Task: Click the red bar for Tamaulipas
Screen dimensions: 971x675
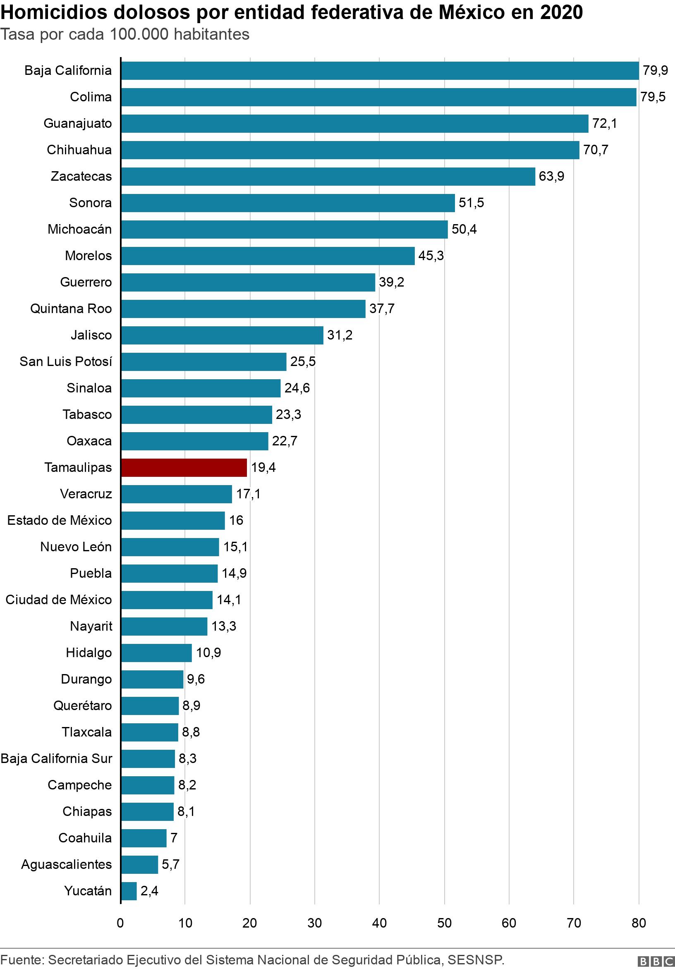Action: (x=184, y=467)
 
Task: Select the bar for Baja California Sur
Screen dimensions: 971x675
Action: (x=148, y=758)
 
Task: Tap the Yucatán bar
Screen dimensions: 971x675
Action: (x=129, y=891)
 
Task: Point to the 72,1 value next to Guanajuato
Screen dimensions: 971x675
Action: (x=604, y=124)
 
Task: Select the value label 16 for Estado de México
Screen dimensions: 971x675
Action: (x=236, y=520)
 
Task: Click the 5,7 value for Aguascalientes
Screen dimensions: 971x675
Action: (x=170, y=864)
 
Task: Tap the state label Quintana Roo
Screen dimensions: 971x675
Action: (x=71, y=309)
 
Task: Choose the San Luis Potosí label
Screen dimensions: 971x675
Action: (x=66, y=361)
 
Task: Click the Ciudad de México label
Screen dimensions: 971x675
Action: (x=59, y=600)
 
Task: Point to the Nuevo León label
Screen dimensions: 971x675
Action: (x=76, y=547)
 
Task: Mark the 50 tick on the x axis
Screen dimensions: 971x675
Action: (x=444, y=923)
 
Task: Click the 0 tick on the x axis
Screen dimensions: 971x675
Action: (x=120, y=923)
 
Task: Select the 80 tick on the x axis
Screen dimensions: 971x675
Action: (x=639, y=923)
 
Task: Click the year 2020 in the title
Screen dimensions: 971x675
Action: (x=561, y=13)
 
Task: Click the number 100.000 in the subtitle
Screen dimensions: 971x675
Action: (x=139, y=34)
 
